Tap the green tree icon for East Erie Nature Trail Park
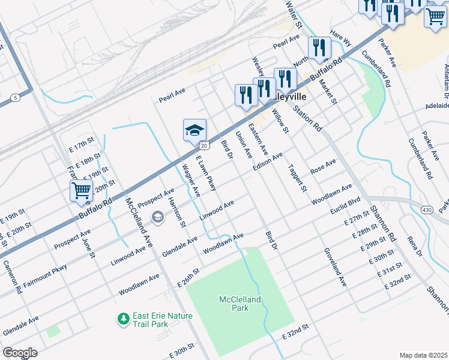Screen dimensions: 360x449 click(123, 317)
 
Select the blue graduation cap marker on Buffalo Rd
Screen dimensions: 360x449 click(194, 130)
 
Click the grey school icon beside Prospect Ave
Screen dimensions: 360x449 click(158, 217)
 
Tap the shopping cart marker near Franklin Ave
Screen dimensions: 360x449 click(81, 191)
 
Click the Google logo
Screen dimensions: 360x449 click(20, 352)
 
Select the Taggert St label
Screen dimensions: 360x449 click(297, 178)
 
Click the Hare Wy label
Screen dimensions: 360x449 click(340, 39)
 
